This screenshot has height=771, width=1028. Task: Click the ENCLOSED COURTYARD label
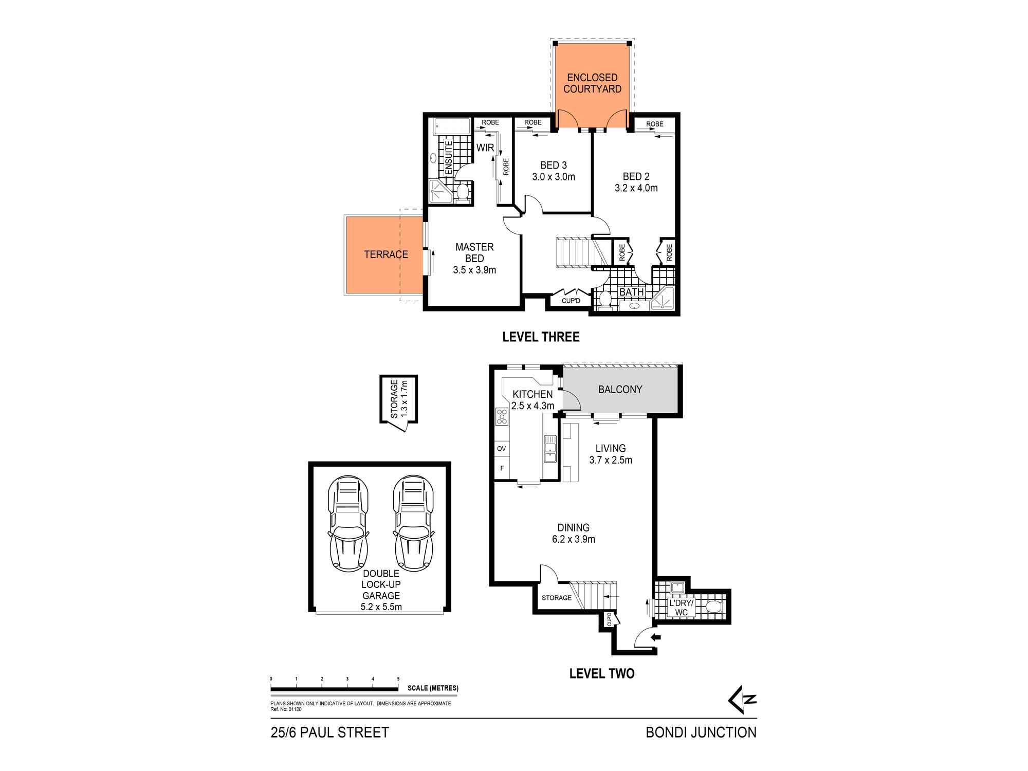pos(592,83)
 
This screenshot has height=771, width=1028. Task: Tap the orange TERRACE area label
pos(386,254)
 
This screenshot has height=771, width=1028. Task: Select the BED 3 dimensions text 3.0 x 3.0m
pos(554,177)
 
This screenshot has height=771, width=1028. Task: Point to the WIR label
pos(485,148)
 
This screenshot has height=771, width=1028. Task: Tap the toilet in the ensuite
pos(463,192)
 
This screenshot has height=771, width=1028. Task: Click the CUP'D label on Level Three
pos(571,301)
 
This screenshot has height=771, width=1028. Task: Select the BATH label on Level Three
pos(631,292)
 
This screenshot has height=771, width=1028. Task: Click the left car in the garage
pos(349,523)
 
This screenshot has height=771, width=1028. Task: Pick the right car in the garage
pos(414,523)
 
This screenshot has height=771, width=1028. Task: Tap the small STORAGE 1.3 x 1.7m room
pos(399,399)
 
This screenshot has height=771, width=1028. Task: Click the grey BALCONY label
pos(620,390)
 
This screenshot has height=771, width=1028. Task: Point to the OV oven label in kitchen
pos(501,449)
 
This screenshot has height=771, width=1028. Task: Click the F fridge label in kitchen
pos(502,468)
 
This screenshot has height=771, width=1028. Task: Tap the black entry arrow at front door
pos(656,638)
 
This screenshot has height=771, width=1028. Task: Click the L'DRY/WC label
pos(681,608)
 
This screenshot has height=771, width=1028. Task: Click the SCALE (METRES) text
pos(433,688)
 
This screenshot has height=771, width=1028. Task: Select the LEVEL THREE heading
pos(541,337)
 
